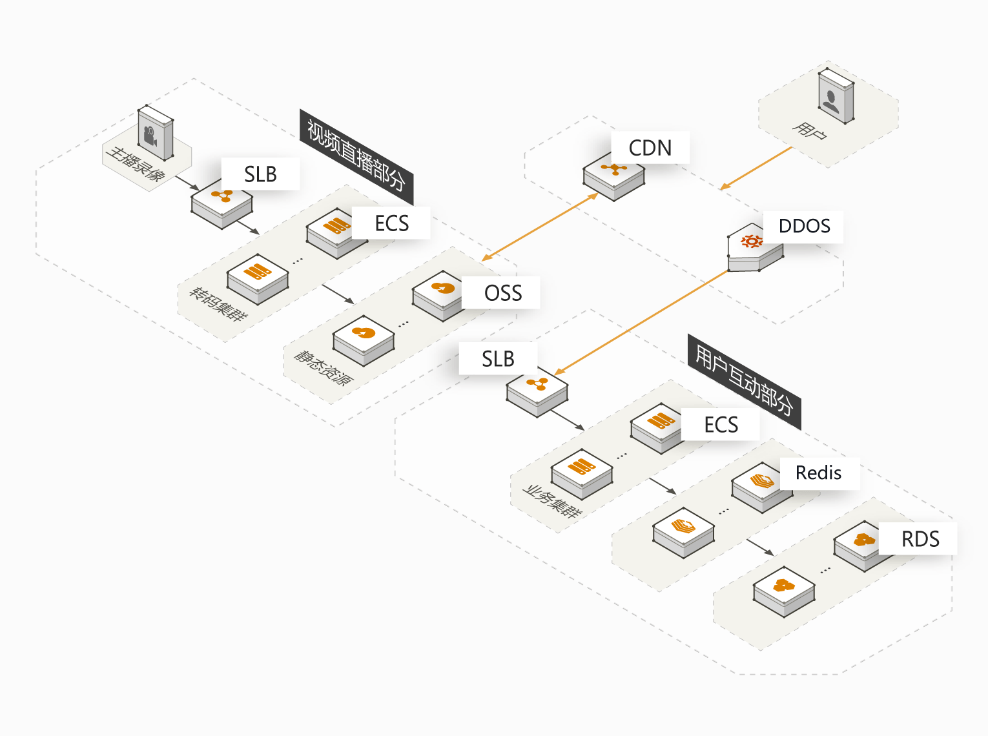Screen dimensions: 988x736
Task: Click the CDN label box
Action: (650, 147)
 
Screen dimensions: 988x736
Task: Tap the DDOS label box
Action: (803, 227)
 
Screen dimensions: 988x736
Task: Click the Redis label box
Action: (819, 473)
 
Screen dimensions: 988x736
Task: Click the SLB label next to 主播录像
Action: (261, 174)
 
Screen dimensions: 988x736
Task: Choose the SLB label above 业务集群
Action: (498, 358)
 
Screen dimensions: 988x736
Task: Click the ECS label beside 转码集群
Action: (391, 223)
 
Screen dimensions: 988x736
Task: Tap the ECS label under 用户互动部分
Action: (720, 424)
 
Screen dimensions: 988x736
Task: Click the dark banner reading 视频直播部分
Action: (356, 156)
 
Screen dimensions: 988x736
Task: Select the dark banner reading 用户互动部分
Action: (745, 382)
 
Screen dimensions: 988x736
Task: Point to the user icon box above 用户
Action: (836, 96)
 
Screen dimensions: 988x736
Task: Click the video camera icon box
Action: (156, 133)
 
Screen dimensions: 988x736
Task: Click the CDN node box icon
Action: (614, 176)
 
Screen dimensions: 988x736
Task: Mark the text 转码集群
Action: (218, 305)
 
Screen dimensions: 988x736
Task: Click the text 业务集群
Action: (552, 502)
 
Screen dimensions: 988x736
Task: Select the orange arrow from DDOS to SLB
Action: (641, 322)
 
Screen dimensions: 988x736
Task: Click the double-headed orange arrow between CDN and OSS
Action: (540, 227)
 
